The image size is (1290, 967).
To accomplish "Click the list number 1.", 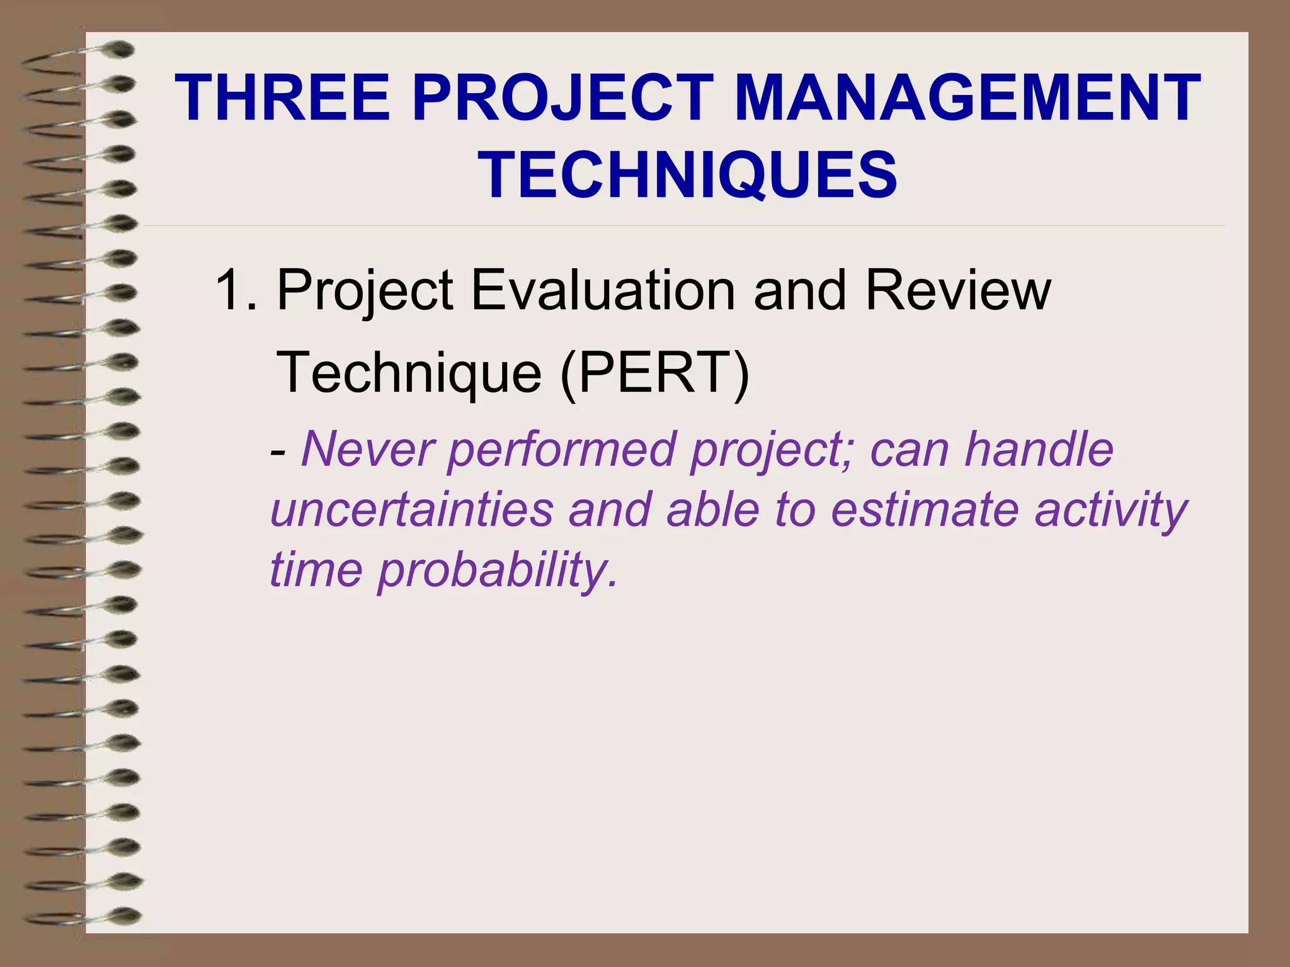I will pos(229,291).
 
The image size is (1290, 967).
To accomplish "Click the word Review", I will pos(957,291).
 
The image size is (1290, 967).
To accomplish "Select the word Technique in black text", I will pos(409,373).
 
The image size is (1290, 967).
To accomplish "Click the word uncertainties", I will pos(412,509).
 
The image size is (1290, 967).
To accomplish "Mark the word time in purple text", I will pos(316,570).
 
